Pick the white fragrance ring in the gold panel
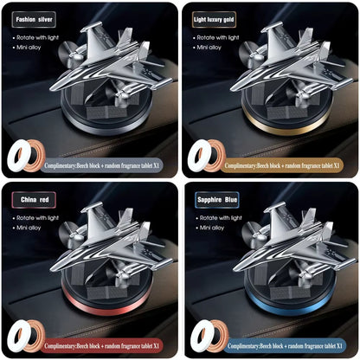202,156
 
